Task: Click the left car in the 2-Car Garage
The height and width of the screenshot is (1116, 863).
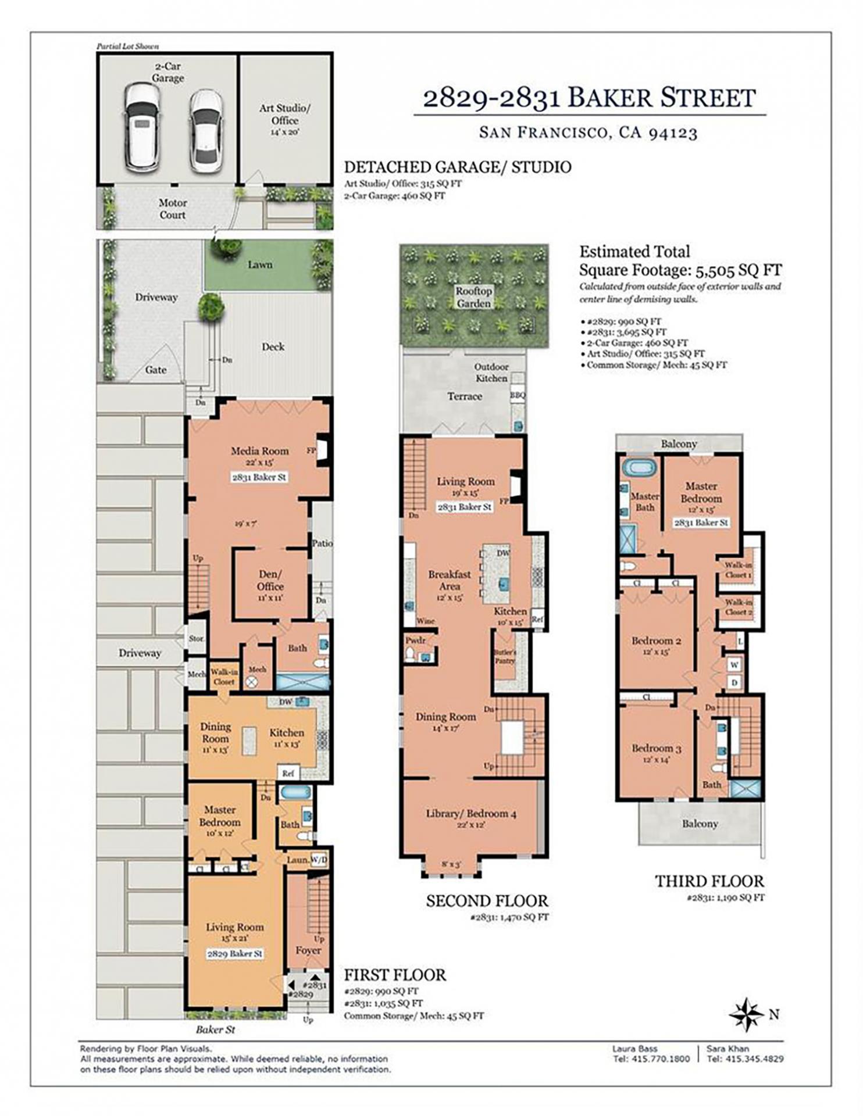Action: point(142,126)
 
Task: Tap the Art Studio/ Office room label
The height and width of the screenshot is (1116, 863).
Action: point(285,115)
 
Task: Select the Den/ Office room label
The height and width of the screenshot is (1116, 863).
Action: point(270,580)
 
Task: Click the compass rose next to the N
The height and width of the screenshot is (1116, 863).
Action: point(746,1014)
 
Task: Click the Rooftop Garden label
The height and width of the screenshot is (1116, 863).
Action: point(473,297)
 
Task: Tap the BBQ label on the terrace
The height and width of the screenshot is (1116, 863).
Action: point(518,395)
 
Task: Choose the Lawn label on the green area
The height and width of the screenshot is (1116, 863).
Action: point(260,264)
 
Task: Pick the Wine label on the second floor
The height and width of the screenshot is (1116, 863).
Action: point(425,621)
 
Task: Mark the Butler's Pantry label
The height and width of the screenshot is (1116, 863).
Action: point(505,656)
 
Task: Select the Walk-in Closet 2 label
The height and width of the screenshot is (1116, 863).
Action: point(738,607)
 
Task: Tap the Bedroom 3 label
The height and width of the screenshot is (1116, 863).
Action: point(657,748)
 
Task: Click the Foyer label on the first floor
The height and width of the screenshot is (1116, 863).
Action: point(308,950)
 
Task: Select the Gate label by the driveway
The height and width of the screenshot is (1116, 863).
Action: point(156,370)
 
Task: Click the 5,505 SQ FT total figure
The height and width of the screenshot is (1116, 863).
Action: point(739,270)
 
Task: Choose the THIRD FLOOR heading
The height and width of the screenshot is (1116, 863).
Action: point(709,881)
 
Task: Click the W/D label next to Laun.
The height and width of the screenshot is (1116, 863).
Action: point(319,859)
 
